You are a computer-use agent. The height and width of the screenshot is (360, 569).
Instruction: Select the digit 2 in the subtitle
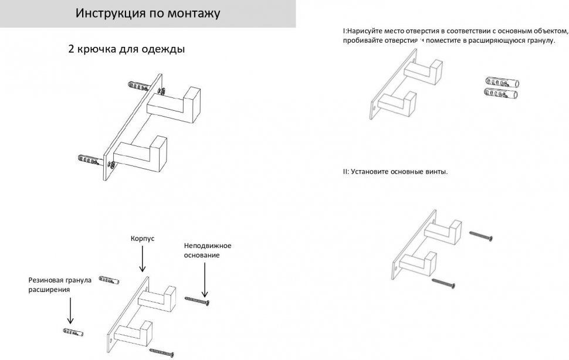tap(72, 49)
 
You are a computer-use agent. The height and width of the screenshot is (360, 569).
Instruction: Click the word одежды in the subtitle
tap(164, 49)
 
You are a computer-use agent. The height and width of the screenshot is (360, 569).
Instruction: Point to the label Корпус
tap(142, 239)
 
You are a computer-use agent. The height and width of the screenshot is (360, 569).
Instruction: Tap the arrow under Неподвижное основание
tap(204, 280)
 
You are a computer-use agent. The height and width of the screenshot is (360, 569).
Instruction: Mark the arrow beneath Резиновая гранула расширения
tap(70, 311)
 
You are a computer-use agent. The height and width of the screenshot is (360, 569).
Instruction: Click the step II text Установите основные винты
tap(395, 172)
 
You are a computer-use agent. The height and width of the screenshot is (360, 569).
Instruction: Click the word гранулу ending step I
tap(540, 40)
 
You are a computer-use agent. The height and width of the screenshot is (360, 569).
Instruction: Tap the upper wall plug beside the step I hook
tap(502, 82)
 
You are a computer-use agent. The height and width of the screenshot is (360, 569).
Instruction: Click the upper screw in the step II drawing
tap(480, 235)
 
